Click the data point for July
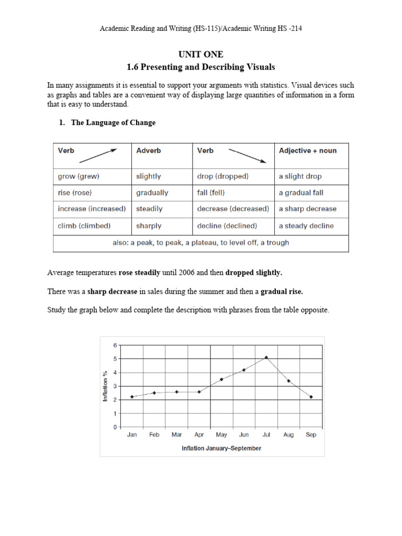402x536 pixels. (x=266, y=358)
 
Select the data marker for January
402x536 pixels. (x=132, y=397)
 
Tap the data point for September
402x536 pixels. (x=311, y=397)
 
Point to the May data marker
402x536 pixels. (x=221, y=379)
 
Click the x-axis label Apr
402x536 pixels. (x=199, y=435)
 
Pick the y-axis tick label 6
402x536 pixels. (x=115, y=345)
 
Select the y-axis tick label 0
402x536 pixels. (x=115, y=427)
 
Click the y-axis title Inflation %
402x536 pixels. (x=105, y=386)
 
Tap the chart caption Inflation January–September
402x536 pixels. (x=221, y=448)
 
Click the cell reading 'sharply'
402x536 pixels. (x=149, y=226)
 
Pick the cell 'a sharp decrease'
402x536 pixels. (x=307, y=209)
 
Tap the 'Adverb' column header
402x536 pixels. (x=149, y=151)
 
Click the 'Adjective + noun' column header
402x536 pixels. (x=308, y=151)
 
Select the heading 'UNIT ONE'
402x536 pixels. (x=200, y=54)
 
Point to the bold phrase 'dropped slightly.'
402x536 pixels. (x=253, y=273)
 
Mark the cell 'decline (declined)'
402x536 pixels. (x=227, y=226)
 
